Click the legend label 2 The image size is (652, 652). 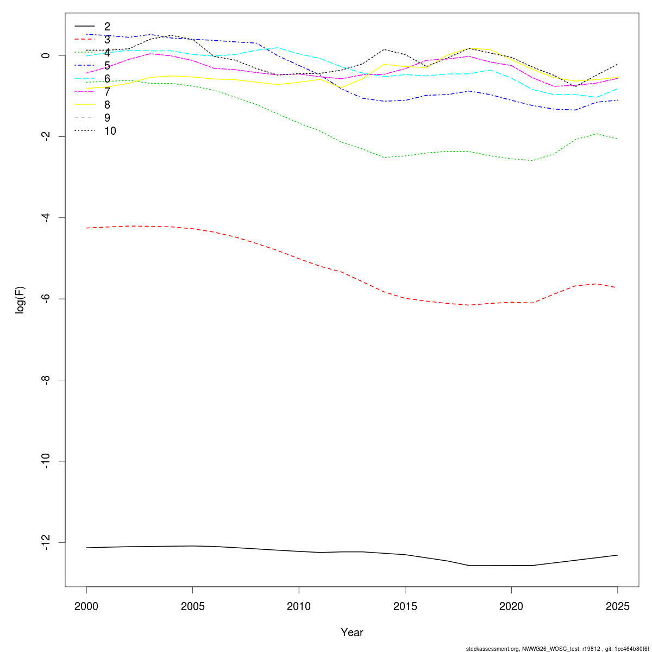107,27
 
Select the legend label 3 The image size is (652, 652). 107,40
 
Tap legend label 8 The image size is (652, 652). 107,105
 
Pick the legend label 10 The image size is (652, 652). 110,131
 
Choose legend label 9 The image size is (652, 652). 107,118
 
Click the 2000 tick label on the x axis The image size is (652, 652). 86,606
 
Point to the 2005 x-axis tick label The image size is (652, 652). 192,606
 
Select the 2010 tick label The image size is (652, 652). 299,606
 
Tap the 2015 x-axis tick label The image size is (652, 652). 405,606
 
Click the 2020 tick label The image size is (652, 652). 511,606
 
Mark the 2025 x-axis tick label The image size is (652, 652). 617,606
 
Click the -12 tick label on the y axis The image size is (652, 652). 46,542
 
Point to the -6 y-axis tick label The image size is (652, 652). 46,299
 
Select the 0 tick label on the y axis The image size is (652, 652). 46,55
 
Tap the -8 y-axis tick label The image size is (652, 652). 46,380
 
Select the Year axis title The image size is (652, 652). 352,632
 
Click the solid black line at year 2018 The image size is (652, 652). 469,566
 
